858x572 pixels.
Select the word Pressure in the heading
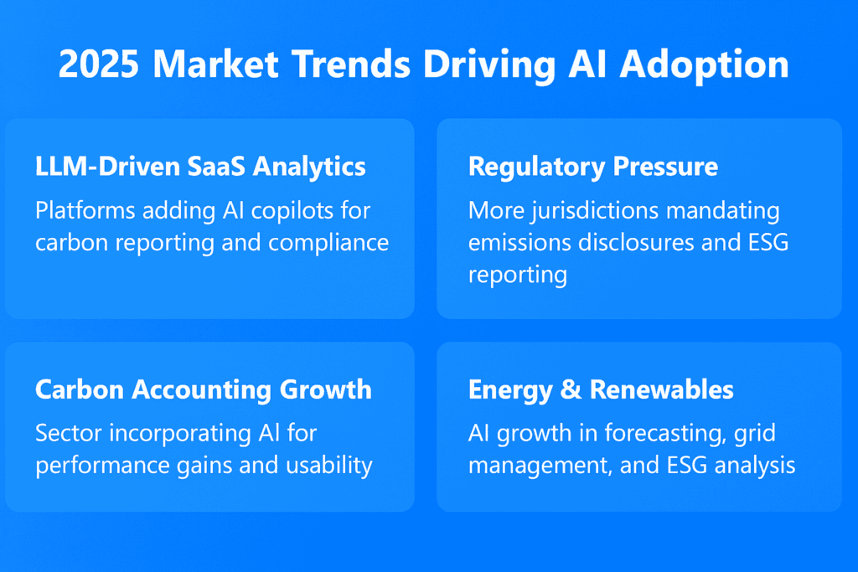click(664, 166)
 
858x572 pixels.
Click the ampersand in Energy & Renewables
click(575, 389)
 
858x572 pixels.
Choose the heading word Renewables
click(662, 389)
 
